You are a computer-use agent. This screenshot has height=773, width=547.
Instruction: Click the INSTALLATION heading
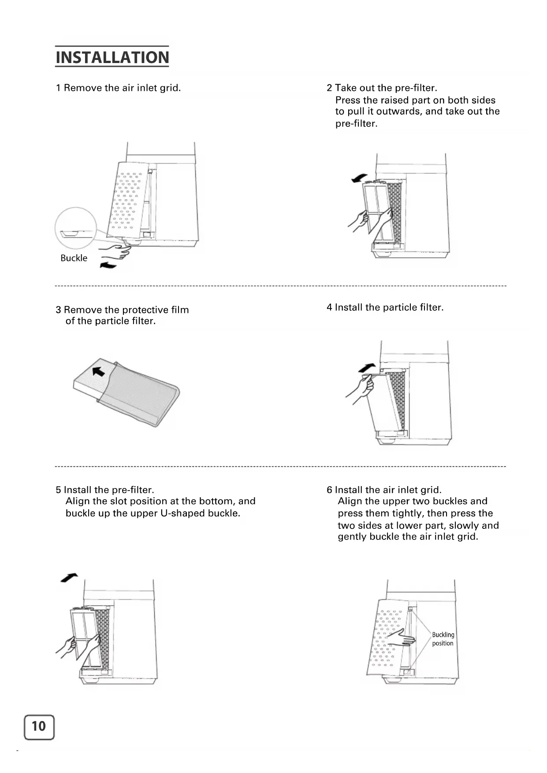[x=112, y=57]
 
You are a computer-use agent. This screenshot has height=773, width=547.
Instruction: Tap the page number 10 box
[x=39, y=727]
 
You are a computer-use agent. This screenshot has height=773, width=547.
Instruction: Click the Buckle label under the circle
[x=74, y=258]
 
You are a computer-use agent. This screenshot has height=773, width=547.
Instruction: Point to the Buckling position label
[x=443, y=639]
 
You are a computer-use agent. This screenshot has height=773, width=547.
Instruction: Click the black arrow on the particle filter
[x=99, y=371]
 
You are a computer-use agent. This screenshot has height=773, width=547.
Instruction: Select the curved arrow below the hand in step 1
[x=108, y=264]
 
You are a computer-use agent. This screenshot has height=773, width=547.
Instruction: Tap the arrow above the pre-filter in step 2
[x=359, y=178]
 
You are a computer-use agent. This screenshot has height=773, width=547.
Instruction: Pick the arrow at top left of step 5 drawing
[x=69, y=577]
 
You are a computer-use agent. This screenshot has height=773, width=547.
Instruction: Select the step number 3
[x=58, y=310]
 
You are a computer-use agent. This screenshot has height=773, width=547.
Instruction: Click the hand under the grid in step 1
[x=115, y=251]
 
